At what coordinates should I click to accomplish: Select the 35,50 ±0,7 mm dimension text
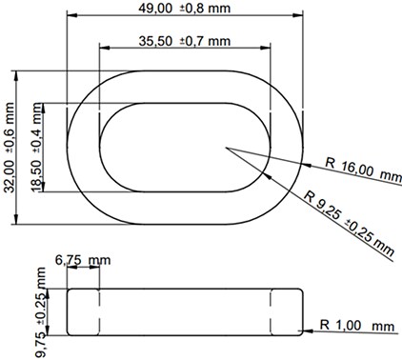click(x=185, y=41)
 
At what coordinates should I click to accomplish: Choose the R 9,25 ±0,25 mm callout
click(x=349, y=222)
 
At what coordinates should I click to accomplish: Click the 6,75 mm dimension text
click(x=83, y=259)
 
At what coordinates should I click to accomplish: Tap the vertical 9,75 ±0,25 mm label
click(x=42, y=310)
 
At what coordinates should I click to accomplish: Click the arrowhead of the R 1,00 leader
click(x=303, y=332)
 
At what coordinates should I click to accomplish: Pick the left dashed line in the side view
click(x=98, y=310)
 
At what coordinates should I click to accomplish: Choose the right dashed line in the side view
click(x=272, y=310)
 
